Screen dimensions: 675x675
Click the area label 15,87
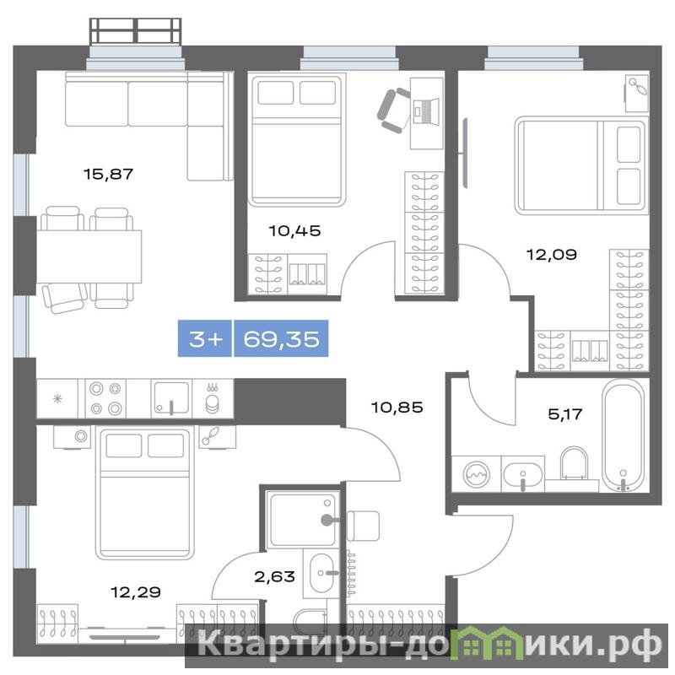[109, 174]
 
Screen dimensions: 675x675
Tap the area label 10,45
[294, 230]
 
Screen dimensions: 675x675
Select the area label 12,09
[552, 255]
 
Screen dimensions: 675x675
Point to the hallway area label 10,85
[397, 407]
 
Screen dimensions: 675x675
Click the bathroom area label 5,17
[564, 414]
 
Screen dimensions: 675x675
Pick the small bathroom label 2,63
[275, 576]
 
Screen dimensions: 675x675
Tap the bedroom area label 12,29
[136, 592]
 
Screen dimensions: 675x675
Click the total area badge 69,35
[281, 339]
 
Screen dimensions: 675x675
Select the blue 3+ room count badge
[205, 339]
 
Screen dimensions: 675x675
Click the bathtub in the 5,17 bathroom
[624, 435]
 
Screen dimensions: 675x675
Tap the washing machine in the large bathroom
[476, 474]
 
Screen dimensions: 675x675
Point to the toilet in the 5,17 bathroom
[574, 465]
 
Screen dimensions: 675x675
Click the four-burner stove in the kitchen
[105, 398]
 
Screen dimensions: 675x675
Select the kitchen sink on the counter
[171, 398]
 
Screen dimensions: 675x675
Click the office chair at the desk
[393, 111]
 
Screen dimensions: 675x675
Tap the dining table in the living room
[89, 256]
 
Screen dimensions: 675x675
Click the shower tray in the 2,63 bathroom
[300, 521]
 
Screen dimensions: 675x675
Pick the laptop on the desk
[426, 111]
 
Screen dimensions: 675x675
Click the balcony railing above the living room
[135, 30]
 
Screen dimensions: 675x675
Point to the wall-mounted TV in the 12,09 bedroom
[465, 154]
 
